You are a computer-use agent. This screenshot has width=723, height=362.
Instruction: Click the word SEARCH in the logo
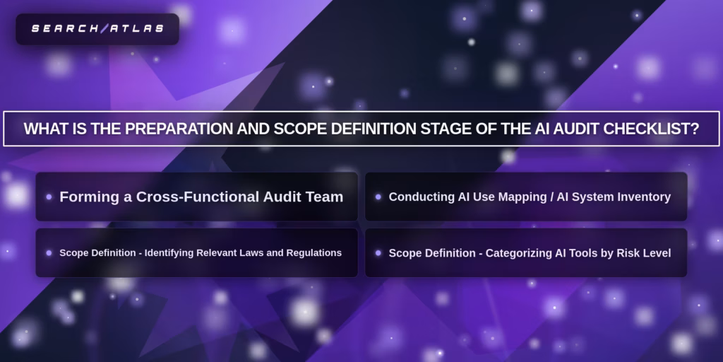(x=64, y=29)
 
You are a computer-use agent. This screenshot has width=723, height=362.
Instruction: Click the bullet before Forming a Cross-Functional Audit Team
(x=49, y=197)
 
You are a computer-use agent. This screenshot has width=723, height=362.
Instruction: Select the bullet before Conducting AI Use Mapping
(x=378, y=197)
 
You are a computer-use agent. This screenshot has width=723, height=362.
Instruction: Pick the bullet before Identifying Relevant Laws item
(x=49, y=252)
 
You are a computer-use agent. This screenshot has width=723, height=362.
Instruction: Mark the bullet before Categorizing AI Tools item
(x=378, y=252)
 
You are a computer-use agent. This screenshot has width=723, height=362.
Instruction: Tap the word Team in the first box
(x=325, y=197)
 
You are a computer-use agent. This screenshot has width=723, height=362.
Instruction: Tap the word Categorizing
(x=519, y=252)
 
